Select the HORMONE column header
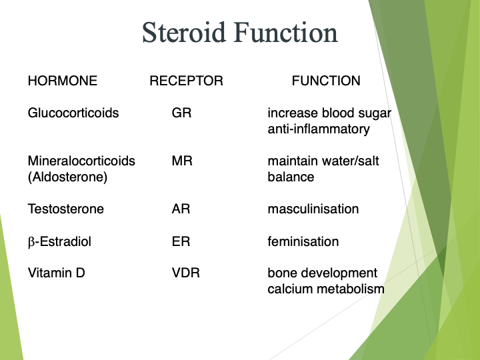(63, 81)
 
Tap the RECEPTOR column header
(186, 81)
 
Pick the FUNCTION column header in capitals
(326, 81)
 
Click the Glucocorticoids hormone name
(73, 113)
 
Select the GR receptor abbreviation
(181, 113)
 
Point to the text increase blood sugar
(329, 113)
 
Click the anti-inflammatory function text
(319, 129)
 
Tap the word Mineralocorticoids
(81, 161)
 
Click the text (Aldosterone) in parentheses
(67, 177)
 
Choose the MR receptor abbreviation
(182, 161)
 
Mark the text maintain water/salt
(323, 161)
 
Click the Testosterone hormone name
(66, 209)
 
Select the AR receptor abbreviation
(181, 209)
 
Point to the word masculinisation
(313, 209)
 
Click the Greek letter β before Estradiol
(31, 242)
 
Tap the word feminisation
(303, 241)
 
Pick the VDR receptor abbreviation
(185, 273)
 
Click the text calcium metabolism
(326, 289)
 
